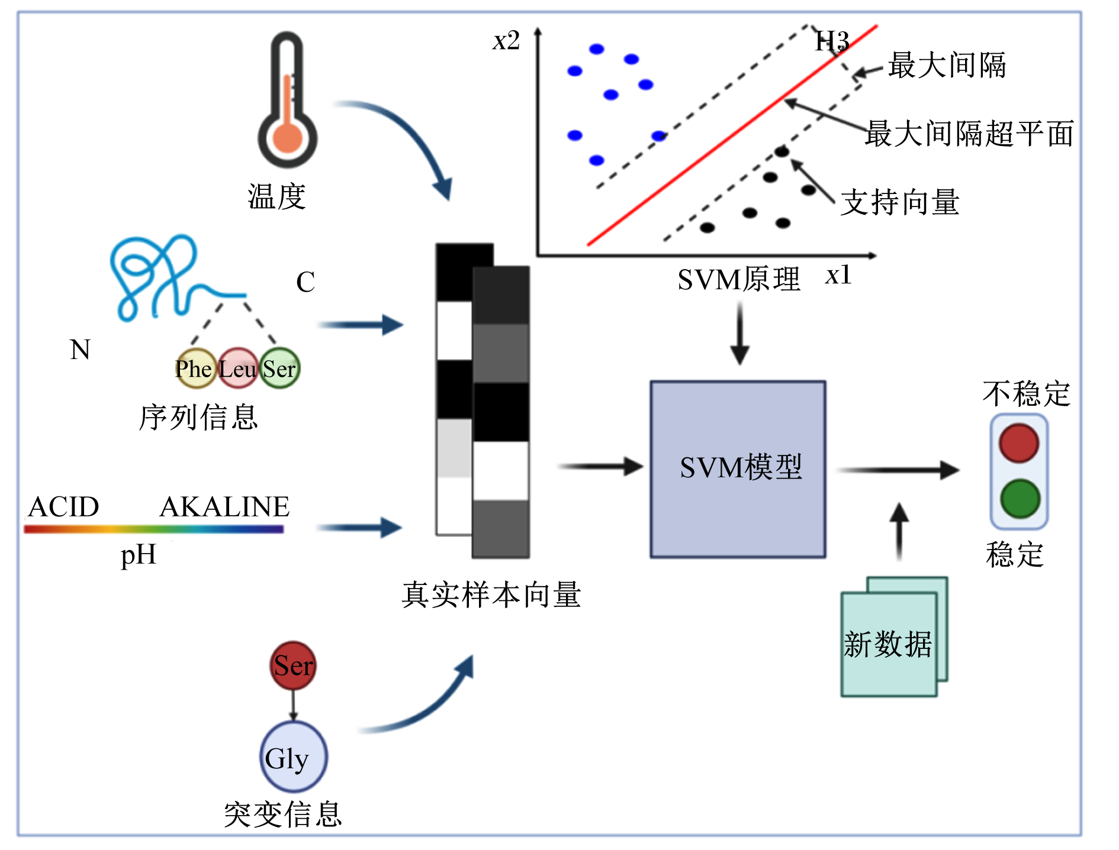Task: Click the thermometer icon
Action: (287, 101)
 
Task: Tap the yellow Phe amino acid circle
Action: (195, 368)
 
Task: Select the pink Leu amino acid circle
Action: (238, 368)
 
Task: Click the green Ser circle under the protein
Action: (280, 368)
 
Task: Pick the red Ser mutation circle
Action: (293, 665)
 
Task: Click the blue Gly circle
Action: (294, 757)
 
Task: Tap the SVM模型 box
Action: (738, 469)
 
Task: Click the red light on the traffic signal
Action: (1019, 443)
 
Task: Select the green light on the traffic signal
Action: (1020, 499)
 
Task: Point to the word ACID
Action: (64, 507)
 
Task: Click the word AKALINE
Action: (224, 507)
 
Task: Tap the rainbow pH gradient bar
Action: (154, 529)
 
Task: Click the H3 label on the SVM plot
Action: (832, 41)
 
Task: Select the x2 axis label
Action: (506, 41)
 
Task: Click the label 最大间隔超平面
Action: (969, 133)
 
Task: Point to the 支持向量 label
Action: (900, 202)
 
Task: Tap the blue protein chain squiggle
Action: (172, 278)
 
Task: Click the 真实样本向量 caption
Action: (491, 594)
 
